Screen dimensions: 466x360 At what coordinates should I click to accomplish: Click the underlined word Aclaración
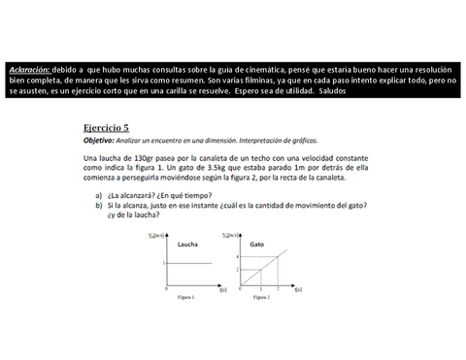[x=28, y=70]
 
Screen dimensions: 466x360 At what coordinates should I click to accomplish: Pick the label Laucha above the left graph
[x=187, y=244]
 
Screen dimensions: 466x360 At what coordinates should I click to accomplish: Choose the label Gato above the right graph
[x=257, y=244]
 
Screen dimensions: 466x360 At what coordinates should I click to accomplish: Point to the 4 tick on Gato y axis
[x=237, y=256]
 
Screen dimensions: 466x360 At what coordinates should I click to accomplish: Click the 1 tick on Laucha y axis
[x=164, y=264]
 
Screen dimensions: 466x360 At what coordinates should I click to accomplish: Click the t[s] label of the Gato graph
[x=298, y=289]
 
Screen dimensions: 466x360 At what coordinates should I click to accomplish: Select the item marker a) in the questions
[x=99, y=194]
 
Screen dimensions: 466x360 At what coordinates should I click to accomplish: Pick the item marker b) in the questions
[x=99, y=206]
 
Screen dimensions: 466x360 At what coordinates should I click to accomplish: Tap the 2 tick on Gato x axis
[x=277, y=289]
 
